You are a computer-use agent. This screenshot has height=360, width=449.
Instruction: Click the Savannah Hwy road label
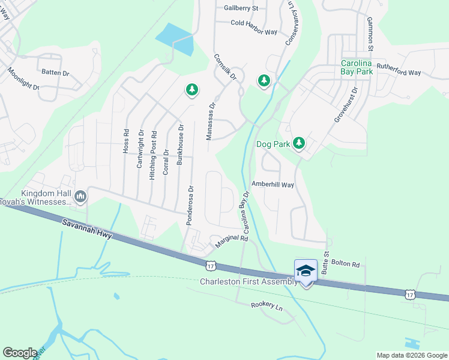[x=88, y=229]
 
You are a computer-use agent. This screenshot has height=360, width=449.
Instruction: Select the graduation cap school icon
[x=306, y=271]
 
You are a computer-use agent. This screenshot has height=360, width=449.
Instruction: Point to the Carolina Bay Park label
[x=357, y=67]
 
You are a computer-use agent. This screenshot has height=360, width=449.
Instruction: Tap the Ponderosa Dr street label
[x=190, y=205]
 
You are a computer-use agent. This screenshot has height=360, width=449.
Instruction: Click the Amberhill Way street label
[x=273, y=185]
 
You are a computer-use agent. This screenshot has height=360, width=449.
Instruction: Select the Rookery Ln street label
[x=267, y=307]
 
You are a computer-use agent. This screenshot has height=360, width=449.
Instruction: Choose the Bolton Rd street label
[x=346, y=264]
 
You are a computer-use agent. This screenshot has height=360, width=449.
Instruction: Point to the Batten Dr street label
[x=56, y=72]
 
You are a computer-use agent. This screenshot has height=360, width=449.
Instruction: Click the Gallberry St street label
[x=241, y=8]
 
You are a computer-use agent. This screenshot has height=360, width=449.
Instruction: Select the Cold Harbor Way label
[x=254, y=23]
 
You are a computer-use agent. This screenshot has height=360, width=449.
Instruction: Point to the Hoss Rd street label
[x=126, y=141]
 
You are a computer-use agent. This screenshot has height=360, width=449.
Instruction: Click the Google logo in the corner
[x=20, y=353]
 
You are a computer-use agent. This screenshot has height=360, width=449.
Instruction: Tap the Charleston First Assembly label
[x=248, y=281]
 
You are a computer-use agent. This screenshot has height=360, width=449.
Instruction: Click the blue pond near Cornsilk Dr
[x=176, y=38]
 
